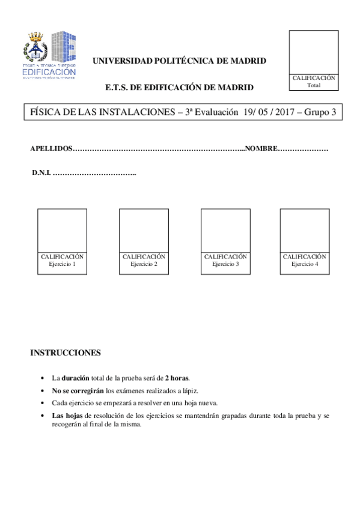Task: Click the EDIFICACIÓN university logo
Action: tap(50, 55)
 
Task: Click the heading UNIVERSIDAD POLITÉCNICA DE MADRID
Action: tap(178, 61)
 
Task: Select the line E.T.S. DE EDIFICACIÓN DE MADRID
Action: tap(179, 87)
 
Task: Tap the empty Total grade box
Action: tap(313, 52)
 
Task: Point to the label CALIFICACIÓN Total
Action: tap(313, 82)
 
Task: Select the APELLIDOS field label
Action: tap(51, 149)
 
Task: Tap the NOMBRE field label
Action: tap(261, 149)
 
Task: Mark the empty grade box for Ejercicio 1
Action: tap(62, 230)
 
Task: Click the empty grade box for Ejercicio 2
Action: tap(144, 230)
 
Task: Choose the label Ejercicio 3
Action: tap(225, 264)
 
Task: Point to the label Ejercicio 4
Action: tap(305, 264)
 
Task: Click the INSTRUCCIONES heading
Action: tap(66, 352)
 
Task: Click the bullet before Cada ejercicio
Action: tap(41, 403)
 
